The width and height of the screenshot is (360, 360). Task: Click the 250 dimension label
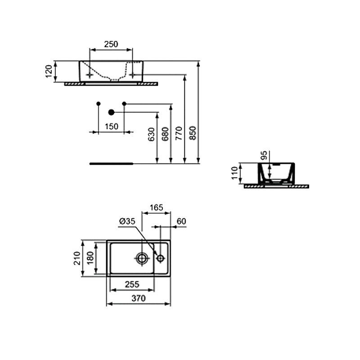click(111, 44)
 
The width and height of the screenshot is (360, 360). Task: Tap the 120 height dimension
click(49, 72)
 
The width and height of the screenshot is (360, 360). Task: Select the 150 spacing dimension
click(112, 126)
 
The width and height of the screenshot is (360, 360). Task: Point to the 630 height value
click(152, 134)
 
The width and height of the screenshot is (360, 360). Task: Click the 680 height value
click(165, 134)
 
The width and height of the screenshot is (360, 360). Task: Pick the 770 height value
click(179, 133)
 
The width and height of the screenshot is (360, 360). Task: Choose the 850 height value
click(193, 133)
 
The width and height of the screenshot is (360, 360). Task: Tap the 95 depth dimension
click(264, 155)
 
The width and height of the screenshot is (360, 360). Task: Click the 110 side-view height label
click(234, 173)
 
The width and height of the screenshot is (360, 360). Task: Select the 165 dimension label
click(156, 207)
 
